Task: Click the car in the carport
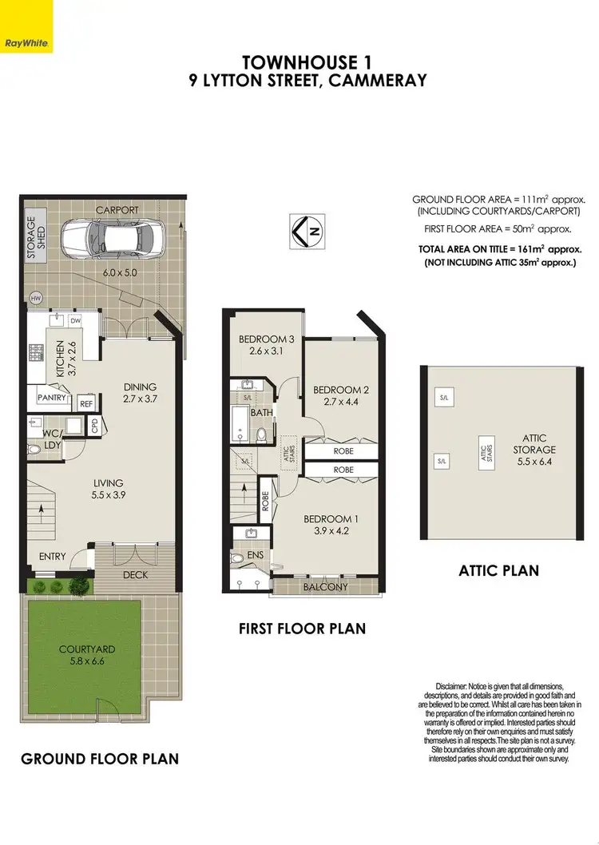pos(125,236)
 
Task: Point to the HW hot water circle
pos(35,299)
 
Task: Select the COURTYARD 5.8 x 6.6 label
pos(81,655)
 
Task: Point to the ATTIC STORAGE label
pos(534,443)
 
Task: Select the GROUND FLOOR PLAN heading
pos(99,758)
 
